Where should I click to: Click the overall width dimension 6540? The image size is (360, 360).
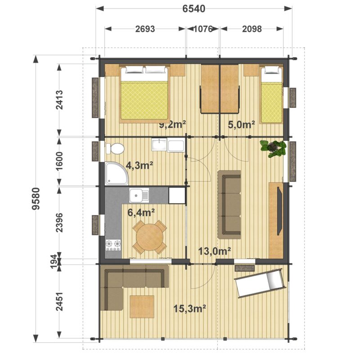tap(194, 9)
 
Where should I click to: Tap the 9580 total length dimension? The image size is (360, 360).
tap(36, 199)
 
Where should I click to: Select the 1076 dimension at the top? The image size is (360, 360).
tap(203, 29)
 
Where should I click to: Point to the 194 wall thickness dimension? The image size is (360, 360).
tap(54, 261)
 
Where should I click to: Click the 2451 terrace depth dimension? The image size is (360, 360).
tap(59, 301)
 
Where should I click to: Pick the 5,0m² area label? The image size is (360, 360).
tap(241, 125)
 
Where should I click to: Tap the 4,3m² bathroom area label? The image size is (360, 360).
tap(139, 165)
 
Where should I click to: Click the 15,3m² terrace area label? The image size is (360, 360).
tap(189, 309)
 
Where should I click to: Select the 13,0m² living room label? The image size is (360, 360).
tap(215, 251)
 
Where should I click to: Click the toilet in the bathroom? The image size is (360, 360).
tap(115, 149)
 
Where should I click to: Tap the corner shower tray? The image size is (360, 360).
tap(116, 173)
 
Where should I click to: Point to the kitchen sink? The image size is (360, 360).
tap(139, 195)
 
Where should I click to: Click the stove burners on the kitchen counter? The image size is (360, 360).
tap(113, 245)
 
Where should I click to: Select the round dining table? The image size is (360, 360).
tap(150, 237)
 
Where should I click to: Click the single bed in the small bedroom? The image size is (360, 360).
tap(271, 94)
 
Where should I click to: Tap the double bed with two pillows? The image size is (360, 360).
tap(144, 94)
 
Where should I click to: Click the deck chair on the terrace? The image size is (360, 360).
tap(260, 283)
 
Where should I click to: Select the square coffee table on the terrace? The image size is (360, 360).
tap(142, 306)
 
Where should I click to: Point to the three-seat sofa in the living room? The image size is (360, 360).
tap(229, 205)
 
